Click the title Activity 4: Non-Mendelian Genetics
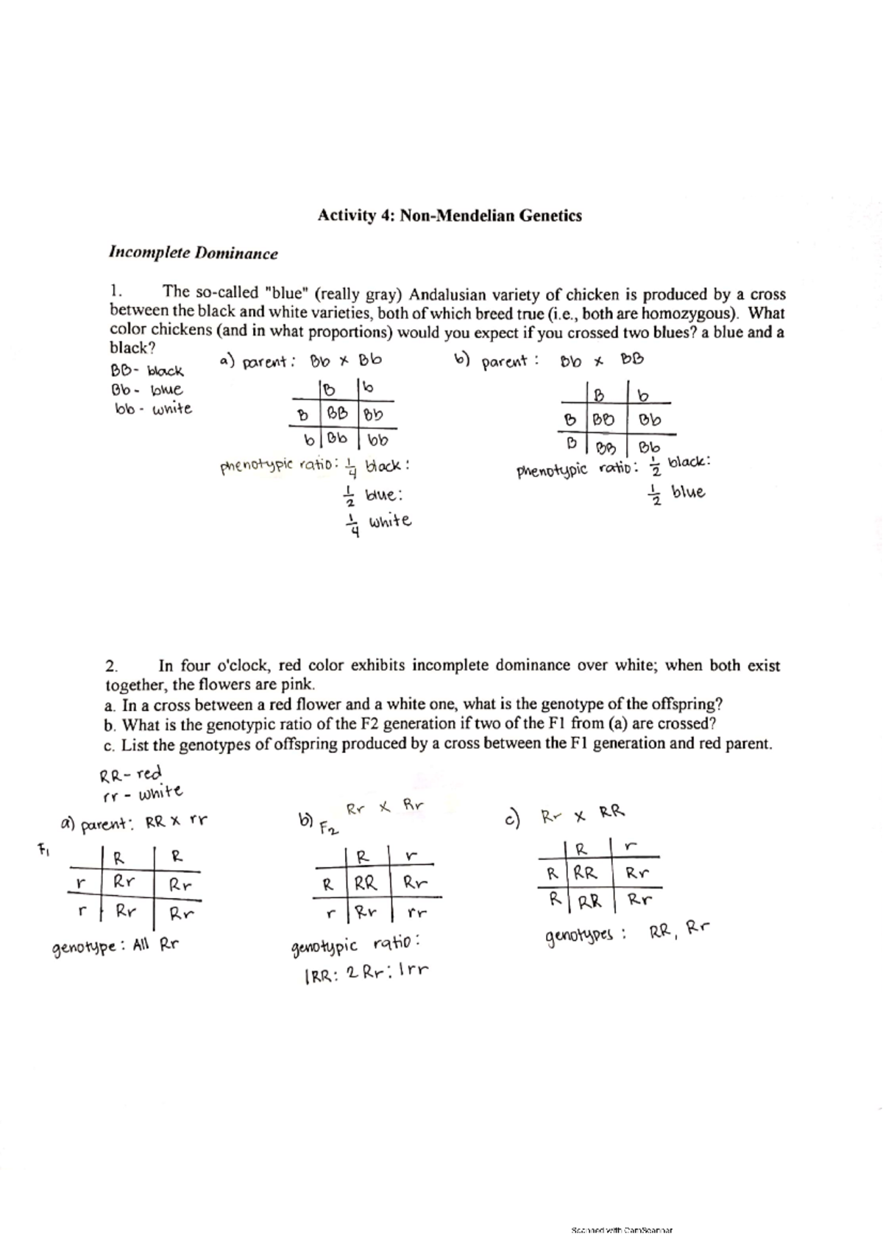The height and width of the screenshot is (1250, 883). pos(449,216)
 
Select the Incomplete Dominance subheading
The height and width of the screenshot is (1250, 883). pos(193,254)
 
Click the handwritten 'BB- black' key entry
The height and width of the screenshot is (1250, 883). pos(147,370)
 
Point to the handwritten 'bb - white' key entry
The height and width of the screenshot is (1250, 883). pos(152,409)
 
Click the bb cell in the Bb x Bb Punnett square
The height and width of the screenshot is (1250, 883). pos(376,442)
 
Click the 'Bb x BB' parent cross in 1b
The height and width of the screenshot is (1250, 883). pos(601,361)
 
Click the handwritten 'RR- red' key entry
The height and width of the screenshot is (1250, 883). pos(130,774)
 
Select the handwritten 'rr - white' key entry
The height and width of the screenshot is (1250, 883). pos(142,794)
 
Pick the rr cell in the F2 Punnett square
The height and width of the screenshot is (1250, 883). pos(416,913)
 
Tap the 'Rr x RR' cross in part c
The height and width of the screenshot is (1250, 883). pos(582,815)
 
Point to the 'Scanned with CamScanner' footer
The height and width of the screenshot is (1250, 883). pos(623,1229)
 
